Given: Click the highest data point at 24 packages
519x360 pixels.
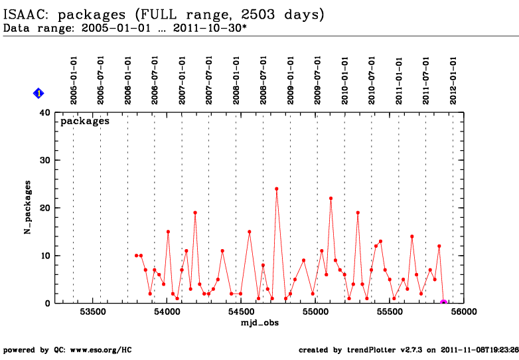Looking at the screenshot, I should pos(276,189).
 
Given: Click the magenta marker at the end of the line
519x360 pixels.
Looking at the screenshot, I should pos(443,303).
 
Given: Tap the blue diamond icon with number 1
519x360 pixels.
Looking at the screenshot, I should pos(39,94).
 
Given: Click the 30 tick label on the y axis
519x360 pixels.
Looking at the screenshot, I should pos(45,160).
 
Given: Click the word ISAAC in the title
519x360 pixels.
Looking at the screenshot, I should pos(25,14).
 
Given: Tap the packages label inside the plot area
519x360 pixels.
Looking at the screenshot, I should pos(85,122).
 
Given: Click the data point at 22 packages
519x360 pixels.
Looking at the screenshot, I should pos(331,198).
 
